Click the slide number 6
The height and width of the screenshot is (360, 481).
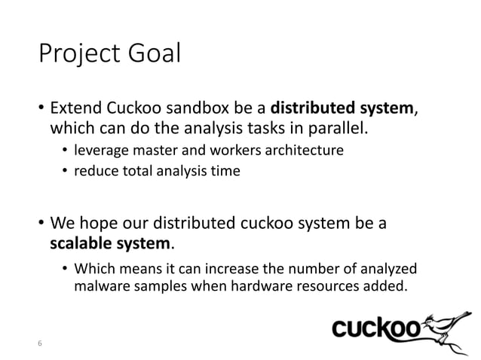click(40, 344)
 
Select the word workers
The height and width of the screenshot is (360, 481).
click(219, 151)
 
